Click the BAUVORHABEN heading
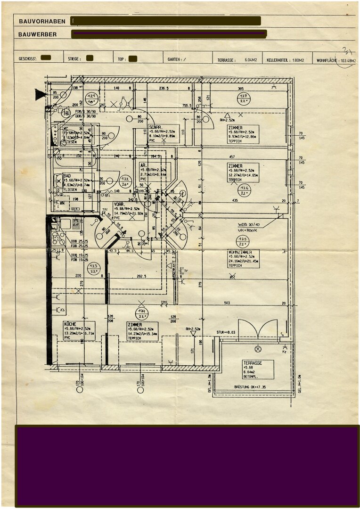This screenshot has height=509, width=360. click(42, 21)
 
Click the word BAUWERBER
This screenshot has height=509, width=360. click(38, 34)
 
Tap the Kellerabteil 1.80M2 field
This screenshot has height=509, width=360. click(285, 60)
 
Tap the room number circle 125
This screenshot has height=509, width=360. click(243, 241)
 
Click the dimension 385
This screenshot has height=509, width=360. click(240, 89)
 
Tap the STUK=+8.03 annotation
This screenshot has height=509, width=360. click(226, 332)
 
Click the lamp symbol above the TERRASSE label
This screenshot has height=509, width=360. click(258, 349)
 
